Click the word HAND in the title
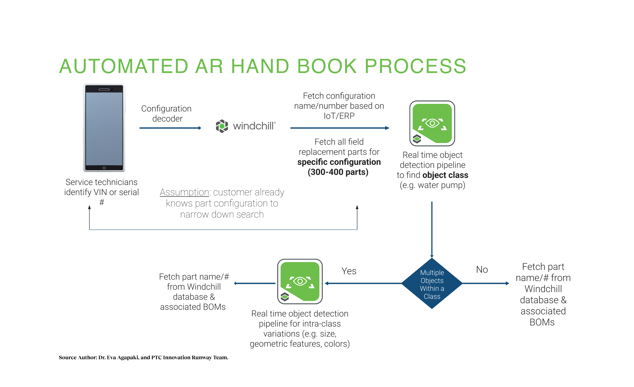click(260, 66)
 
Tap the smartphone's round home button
click(104, 168)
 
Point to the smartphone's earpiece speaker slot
click(104, 90)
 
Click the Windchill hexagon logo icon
click(222, 126)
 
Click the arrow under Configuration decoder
click(170, 128)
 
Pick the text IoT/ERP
click(339, 116)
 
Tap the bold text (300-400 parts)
click(338, 172)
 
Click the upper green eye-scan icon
click(432, 123)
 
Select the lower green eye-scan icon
click(300, 282)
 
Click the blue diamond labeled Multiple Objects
click(432, 284)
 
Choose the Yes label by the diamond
click(349, 271)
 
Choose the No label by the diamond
click(482, 270)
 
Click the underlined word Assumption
click(184, 192)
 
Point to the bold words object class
click(445, 175)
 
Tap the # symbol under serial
click(102, 202)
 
